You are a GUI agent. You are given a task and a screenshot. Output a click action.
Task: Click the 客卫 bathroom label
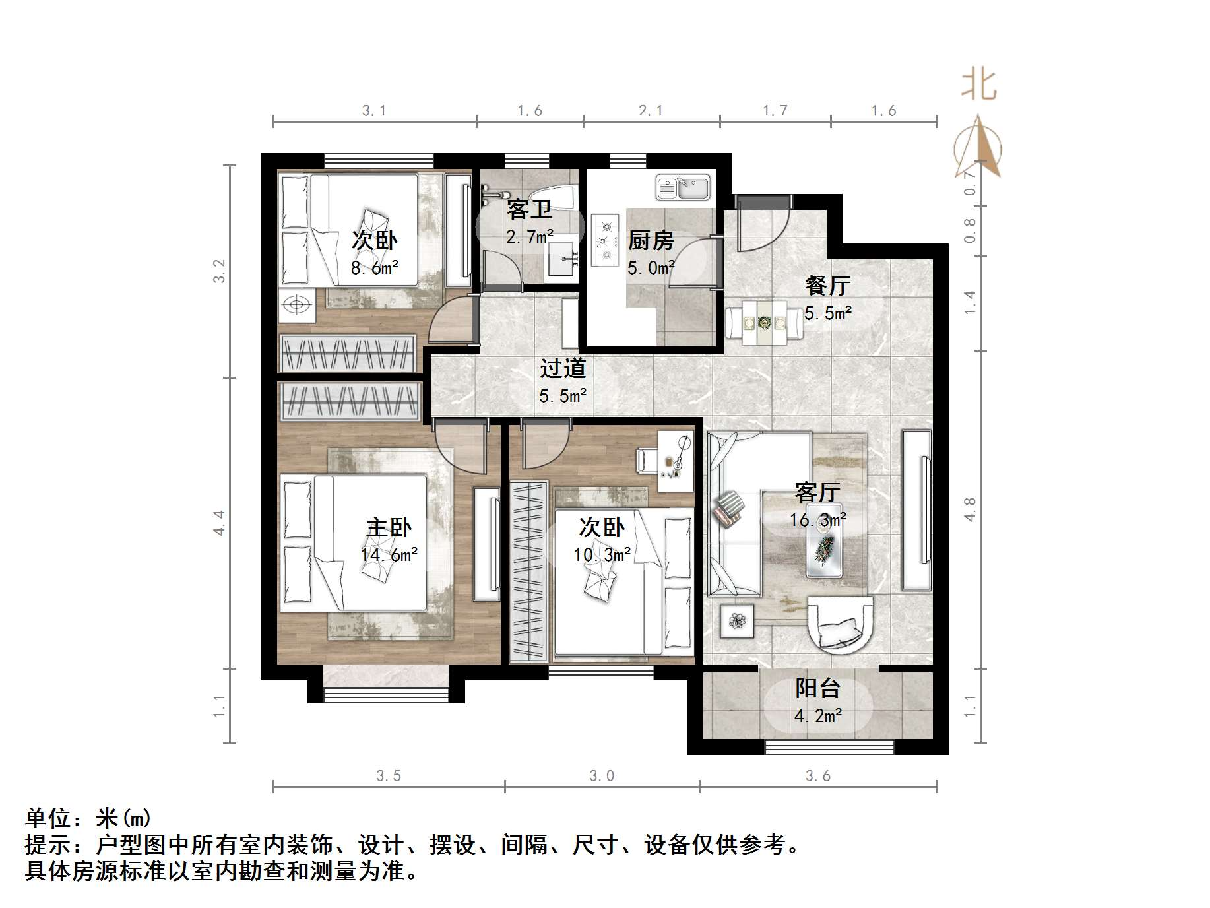pyautogui.click(x=529, y=209)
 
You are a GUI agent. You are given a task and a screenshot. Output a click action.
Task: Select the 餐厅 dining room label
pyautogui.click(x=827, y=285)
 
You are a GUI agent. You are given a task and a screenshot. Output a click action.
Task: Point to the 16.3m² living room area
pyautogui.click(x=818, y=520)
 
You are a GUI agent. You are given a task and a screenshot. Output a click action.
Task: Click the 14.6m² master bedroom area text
pyautogui.click(x=389, y=554)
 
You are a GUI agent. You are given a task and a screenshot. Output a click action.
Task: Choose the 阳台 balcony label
pyautogui.click(x=817, y=688)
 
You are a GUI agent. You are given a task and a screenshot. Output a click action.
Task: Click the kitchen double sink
pyautogui.click(x=682, y=187)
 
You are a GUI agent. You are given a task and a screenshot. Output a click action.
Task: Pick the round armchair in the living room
pyautogui.click(x=840, y=624)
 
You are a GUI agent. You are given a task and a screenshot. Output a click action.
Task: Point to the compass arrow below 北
pyautogui.click(x=979, y=148)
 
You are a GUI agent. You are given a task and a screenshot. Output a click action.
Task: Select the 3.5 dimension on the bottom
pyautogui.click(x=389, y=775)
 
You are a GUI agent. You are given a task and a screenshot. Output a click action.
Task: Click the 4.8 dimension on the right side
pyautogui.click(x=969, y=509)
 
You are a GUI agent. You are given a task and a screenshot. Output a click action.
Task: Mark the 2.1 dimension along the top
pyautogui.click(x=651, y=111)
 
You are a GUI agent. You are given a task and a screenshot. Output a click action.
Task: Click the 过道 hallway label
pyautogui.click(x=563, y=368)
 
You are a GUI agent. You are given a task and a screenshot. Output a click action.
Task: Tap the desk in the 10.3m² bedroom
pyautogui.click(x=676, y=461)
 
